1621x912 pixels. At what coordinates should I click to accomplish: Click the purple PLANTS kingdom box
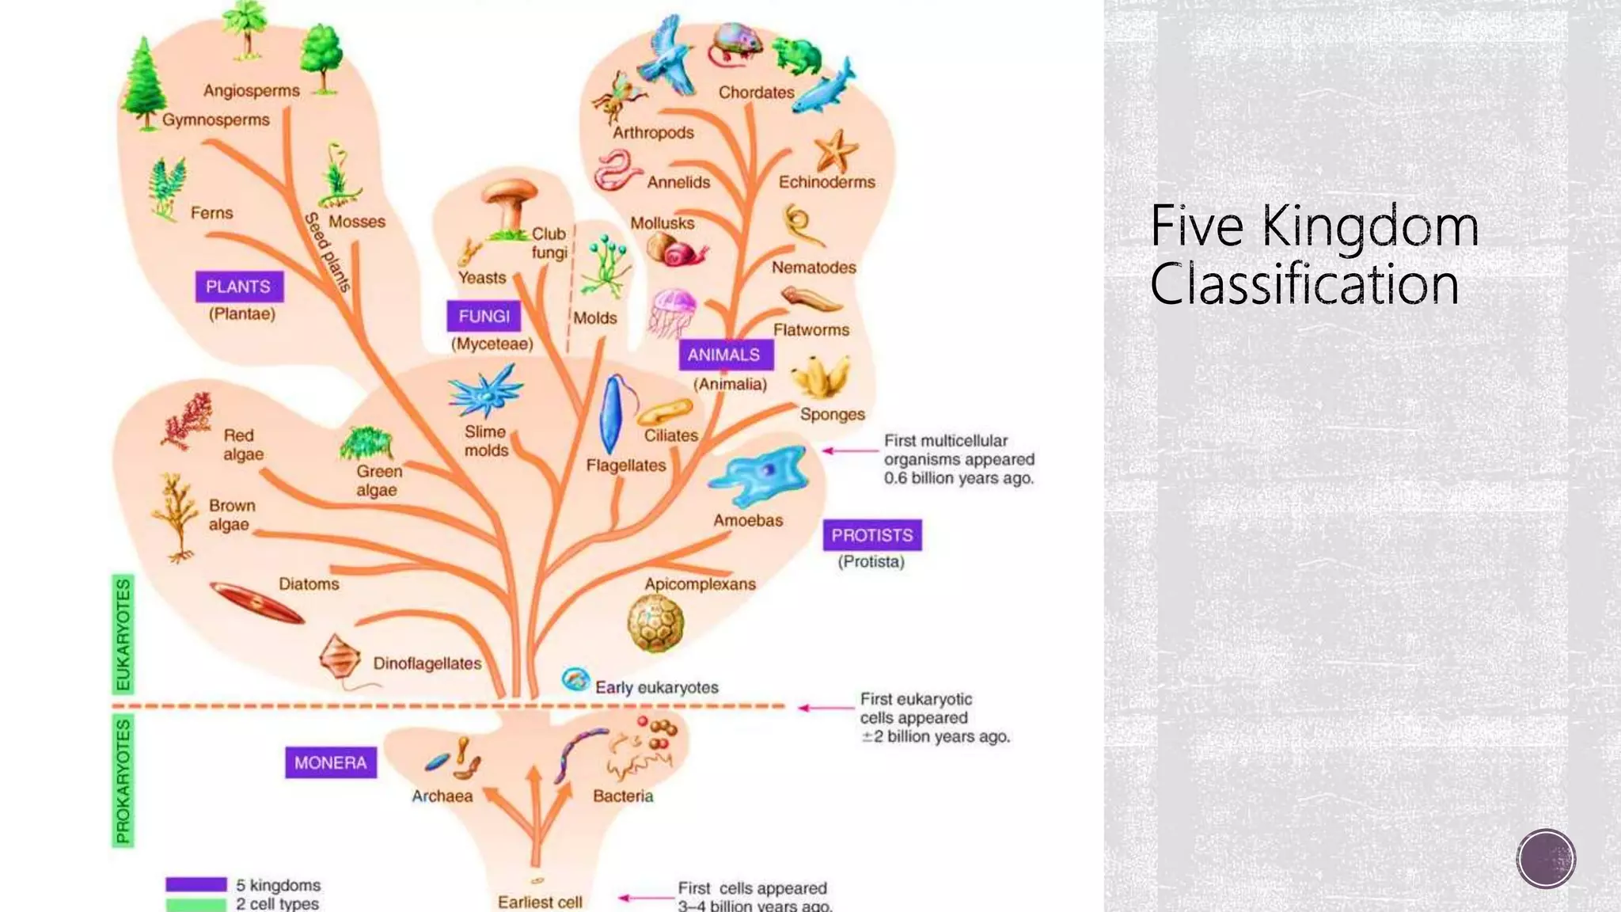pyautogui.click(x=239, y=287)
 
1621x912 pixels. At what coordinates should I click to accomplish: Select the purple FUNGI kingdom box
pyautogui.click(x=484, y=317)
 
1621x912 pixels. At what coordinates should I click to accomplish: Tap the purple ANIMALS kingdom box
pyautogui.click(x=724, y=355)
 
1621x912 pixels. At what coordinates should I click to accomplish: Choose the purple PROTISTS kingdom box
pyautogui.click(x=871, y=535)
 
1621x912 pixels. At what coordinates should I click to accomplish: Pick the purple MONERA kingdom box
pyautogui.click(x=331, y=762)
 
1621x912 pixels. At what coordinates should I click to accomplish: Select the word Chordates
pyautogui.click(x=756, y=93)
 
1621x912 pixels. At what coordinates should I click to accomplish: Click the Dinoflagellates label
pyautogui.click(x=427, y=663)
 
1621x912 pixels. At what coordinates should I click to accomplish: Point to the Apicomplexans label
pyautogui.click(x=700, y=584)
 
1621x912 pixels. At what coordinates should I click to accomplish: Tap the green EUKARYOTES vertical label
pyautogui.click(x=123, y=634)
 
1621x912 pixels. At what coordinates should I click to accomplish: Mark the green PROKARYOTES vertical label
pyautogui.click(x=123, y=781)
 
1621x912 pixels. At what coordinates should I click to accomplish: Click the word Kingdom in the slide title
pyautogui.click(x=1369, y=227)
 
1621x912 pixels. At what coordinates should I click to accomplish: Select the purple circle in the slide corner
pyautogui.click(x=1546, y=858)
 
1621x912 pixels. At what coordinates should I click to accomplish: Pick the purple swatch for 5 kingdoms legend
pyautogui.click(x=196, y=884)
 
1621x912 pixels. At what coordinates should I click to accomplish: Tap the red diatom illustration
pyautogui.click(x=256, y=603)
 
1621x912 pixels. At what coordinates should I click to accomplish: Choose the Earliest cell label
pyautogui.click(x=540, y=902)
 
